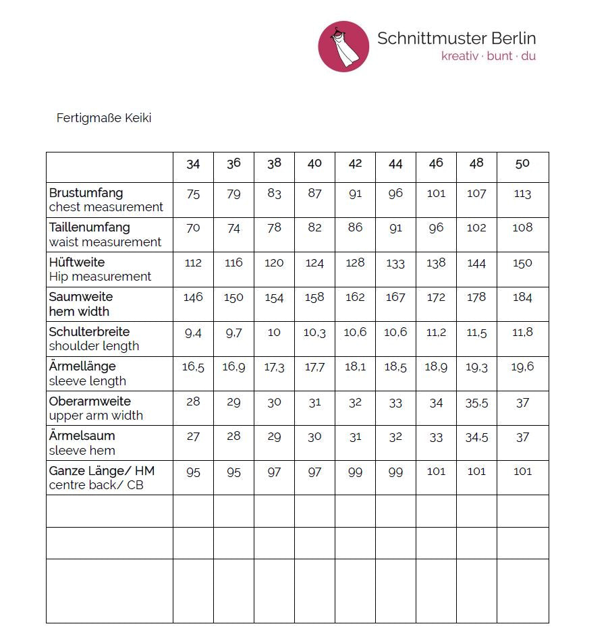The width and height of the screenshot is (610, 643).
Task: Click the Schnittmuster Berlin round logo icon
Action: [343, 47]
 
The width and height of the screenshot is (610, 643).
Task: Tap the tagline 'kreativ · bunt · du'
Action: [489, 56]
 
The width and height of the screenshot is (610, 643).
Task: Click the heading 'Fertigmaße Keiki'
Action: [104, 118]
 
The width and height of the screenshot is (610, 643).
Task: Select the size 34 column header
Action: [193, 164]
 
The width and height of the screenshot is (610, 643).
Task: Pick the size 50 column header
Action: [522, 164]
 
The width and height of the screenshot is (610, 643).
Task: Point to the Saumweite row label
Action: [81, 297]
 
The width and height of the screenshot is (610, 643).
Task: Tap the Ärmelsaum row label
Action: [82, 436]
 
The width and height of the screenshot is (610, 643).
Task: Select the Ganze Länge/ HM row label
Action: [101, 470]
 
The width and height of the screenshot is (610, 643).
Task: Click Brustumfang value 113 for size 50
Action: [522, 194]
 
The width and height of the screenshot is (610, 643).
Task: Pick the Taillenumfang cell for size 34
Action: [193, 228]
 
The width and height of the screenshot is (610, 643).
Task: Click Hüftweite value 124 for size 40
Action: [314, 263]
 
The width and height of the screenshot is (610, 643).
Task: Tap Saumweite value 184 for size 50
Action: [522, 298]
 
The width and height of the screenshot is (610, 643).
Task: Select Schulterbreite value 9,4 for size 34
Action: [193, 332]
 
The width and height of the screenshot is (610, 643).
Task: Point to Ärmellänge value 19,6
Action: [522, 367]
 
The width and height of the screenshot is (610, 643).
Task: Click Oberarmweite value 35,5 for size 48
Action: [476, 403]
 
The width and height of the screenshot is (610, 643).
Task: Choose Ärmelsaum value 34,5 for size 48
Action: [476, 437]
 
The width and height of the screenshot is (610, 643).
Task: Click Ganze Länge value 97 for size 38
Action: [274, 472]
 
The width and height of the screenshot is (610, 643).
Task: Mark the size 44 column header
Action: [395, 164]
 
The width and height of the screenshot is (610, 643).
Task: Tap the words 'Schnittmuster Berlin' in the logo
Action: [456, 38]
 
